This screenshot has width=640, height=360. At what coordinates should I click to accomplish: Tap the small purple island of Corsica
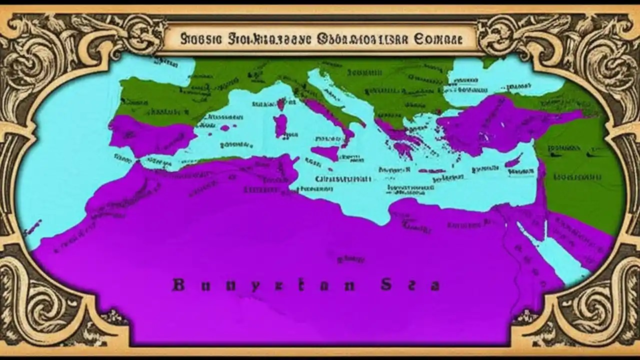281,104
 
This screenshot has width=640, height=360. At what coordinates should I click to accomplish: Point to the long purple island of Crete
431,171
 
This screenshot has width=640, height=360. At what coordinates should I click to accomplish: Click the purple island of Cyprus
513,161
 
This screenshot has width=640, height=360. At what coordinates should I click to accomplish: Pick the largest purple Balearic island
225,128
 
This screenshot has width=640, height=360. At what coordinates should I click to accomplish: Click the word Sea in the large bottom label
422,285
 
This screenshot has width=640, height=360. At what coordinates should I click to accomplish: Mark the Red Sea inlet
550,250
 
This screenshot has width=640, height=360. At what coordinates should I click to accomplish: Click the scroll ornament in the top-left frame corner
45,50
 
